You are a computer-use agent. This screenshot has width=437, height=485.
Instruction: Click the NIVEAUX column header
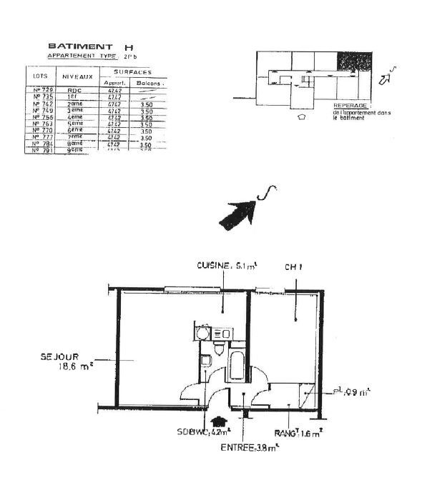point(76,75)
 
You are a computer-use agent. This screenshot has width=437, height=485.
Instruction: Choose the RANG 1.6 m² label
point(299,432)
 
